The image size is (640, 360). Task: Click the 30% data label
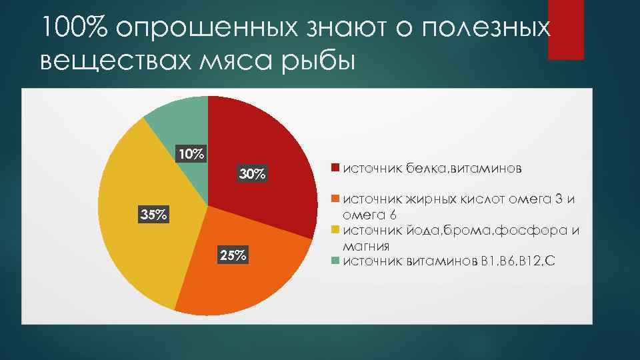pyautogui.click(x=253, y=175)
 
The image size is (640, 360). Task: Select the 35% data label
pyautogui.click(x=153, y=215)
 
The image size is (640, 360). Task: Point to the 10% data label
pyautogui.click(x=191, y=154)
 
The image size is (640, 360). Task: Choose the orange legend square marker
pyautogui.click(x=336, y=198)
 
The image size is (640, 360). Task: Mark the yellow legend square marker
pyautogui.click(x=336, y=230)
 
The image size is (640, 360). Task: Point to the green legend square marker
pyautogui.click(x=336, y=261)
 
